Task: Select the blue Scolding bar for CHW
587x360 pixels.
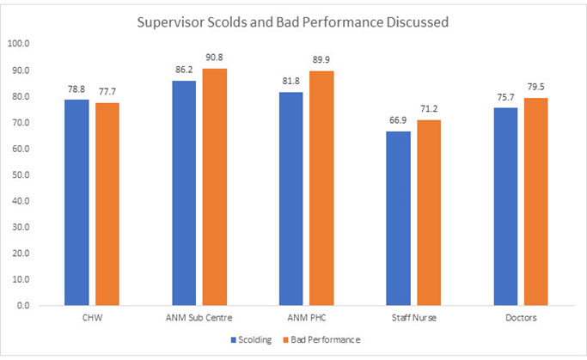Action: pos(77,202)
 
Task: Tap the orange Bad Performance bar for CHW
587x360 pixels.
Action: pos(107,204)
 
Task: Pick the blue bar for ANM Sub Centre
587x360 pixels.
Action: pos(184,192)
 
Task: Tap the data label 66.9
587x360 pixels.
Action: pos(401,123)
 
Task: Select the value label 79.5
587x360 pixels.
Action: pos(537,88)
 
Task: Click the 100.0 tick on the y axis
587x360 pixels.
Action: pos(18,44)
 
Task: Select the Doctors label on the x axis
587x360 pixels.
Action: pos(523,319)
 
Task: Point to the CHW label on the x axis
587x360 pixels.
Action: pos(92,319)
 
